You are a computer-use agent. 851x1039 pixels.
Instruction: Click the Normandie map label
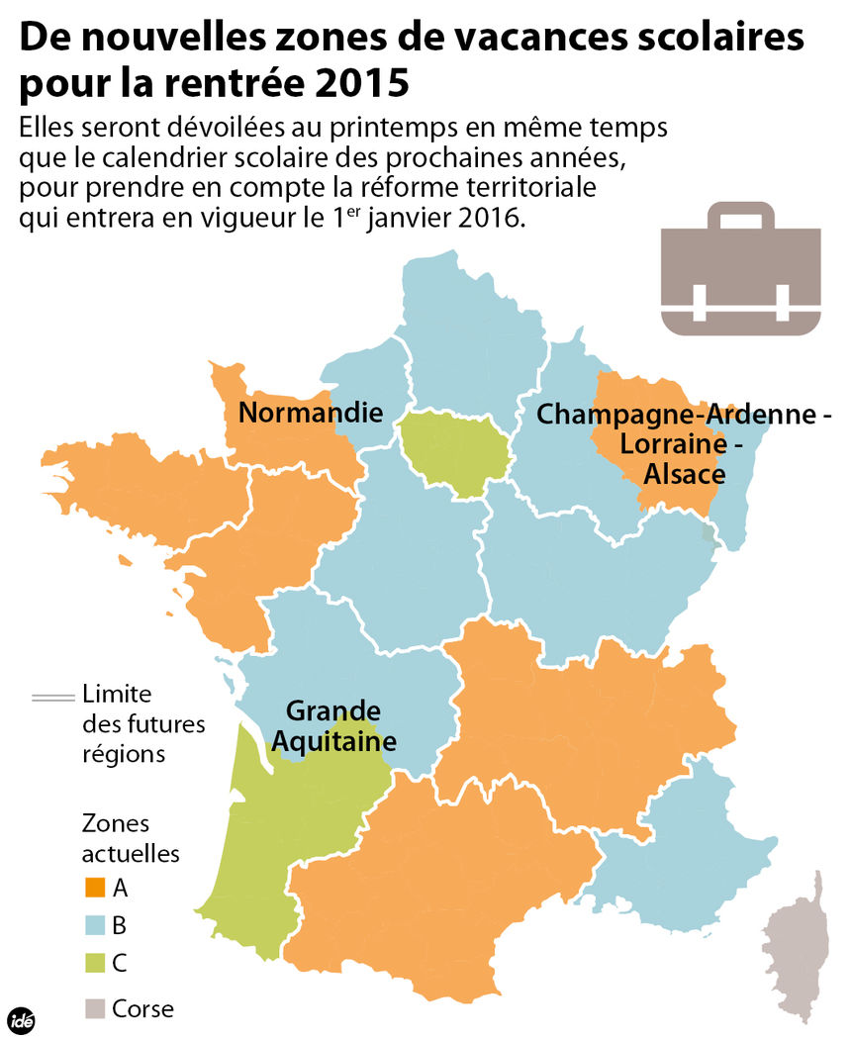(x=310, y=412)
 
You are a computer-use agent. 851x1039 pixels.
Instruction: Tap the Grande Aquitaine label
(x=334, y=725)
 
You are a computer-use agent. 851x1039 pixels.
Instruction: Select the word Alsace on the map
(x=685, y=474)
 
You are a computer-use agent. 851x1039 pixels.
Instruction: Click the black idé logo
(x=21, y=1019)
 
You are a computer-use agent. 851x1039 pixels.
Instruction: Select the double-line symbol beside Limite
(x=54, y=697)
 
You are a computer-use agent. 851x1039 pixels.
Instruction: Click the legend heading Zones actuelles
(x=130, y=837)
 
